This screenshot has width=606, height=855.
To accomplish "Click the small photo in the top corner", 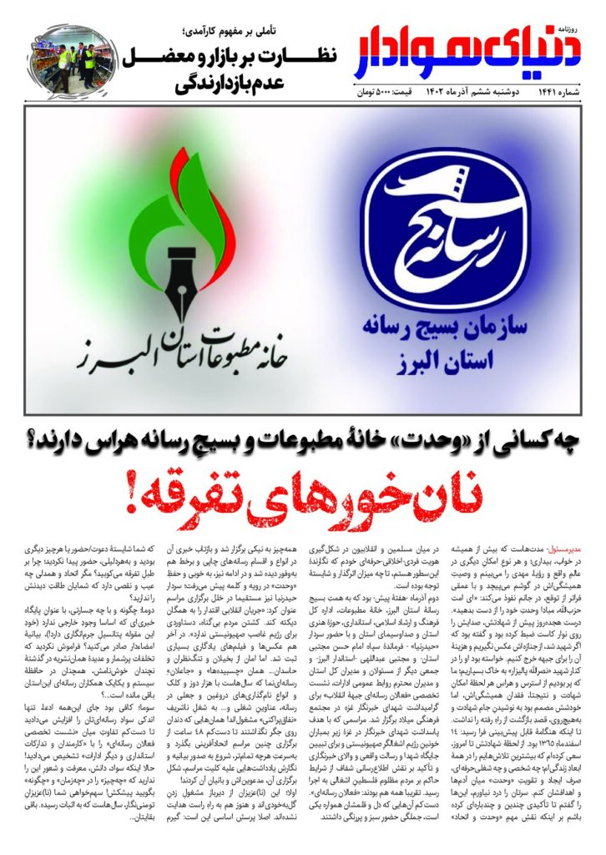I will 63,58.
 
